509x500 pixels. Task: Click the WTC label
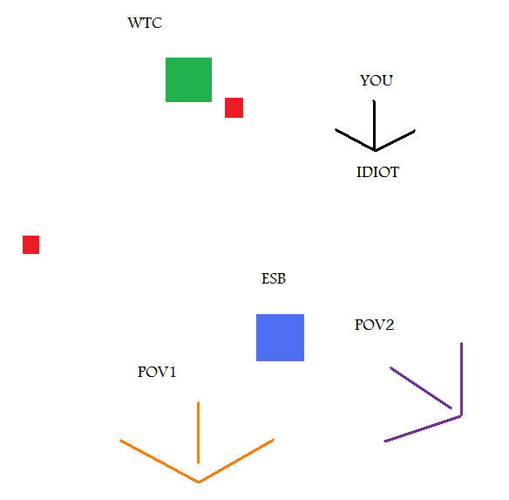click(145, 23)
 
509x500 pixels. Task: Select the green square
click(188, 79)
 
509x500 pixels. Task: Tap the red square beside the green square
click(234, 107)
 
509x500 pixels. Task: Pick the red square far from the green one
click(31, 244)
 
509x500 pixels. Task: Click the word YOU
click(377, 80)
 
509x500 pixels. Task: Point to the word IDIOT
click(378, 172)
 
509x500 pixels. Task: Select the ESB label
click(274, 278)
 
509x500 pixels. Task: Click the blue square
click(280, 338)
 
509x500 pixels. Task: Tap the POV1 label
click(157, 372)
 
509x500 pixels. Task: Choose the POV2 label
click(374, 325)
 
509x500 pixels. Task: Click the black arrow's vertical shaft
click(374, 125)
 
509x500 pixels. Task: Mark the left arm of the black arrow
click(355, 140)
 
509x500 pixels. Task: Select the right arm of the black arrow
click(395, 140)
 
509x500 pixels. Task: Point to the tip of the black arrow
click(376, 151)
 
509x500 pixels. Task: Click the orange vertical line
click(199, 433)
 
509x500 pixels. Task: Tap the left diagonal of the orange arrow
click(159, 461)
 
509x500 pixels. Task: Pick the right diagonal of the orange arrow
click(236, 461)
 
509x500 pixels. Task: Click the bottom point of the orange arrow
click(199, 482)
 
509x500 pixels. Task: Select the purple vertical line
click(462, 379)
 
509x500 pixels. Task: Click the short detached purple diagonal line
click(421, 387)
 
